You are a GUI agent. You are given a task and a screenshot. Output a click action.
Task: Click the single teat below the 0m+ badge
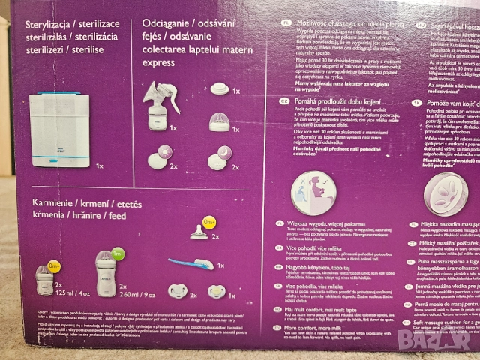200,232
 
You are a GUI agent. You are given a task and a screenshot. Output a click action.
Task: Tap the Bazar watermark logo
443,341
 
